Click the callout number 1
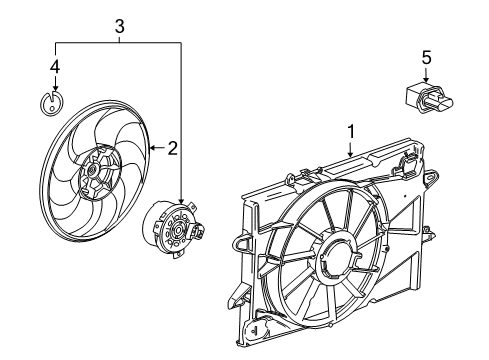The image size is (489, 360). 351,131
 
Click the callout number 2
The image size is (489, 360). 172,149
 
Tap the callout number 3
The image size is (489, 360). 119,26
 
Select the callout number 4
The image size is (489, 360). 56,69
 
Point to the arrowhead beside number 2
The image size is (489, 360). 151,149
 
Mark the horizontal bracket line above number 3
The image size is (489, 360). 119,43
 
